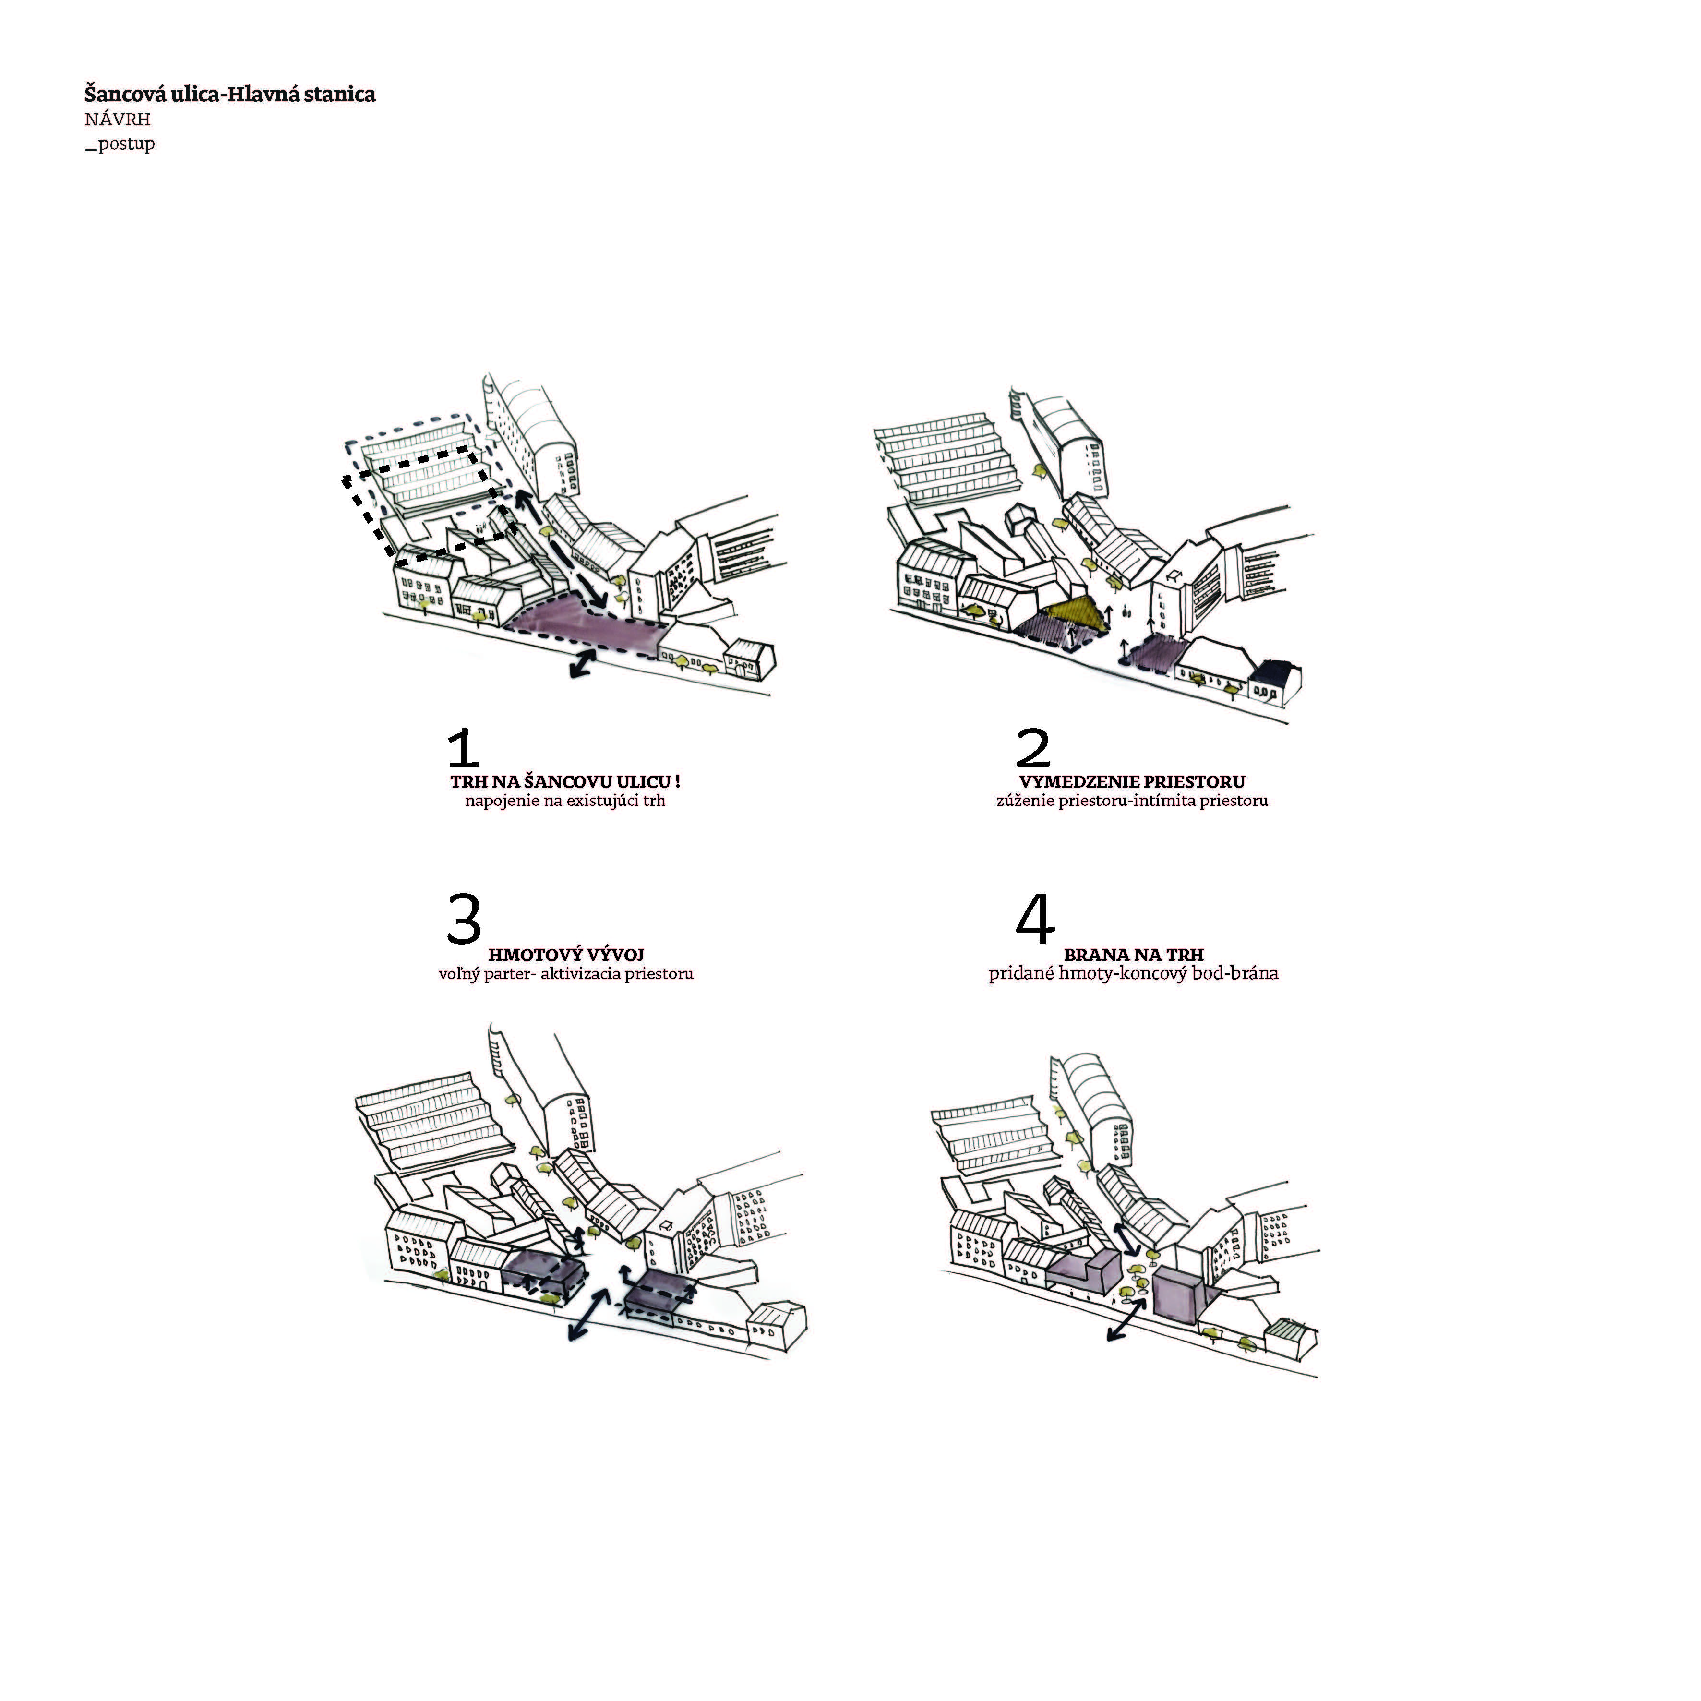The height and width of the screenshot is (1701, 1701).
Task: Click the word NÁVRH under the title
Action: [117, 120]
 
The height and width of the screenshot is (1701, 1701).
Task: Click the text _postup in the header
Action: [120, 144]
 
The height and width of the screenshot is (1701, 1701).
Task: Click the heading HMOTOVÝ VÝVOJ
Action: [566, 954]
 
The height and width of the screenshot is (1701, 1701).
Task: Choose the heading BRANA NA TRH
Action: [1133, 954]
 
